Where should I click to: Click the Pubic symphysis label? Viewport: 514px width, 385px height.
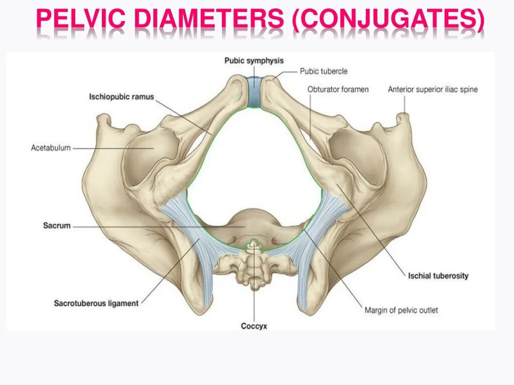(x=254, y=61)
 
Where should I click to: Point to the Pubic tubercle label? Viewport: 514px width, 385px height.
(x=324, y=72)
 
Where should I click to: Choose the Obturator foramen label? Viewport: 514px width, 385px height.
(x=338, y=89)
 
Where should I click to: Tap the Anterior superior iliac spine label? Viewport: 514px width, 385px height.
(x=433, y=89)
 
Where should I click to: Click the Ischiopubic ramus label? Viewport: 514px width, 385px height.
(x=121, y=97)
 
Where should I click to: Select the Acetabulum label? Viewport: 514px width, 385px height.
(x=51, y=148)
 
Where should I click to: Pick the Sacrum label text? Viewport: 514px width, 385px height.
(x=57, y=226)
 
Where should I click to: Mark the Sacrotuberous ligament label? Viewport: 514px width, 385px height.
(x=96, y=303)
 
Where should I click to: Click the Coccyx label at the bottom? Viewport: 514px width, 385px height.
(x=254, y=326)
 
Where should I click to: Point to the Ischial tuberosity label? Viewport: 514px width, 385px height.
(x=438, y=276)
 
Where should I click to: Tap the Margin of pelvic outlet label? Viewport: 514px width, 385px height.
(x=401, y=310)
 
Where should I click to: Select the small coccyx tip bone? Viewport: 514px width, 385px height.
(x=254, y=245)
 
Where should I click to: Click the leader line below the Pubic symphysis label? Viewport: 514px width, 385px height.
(x=254, y=71)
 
